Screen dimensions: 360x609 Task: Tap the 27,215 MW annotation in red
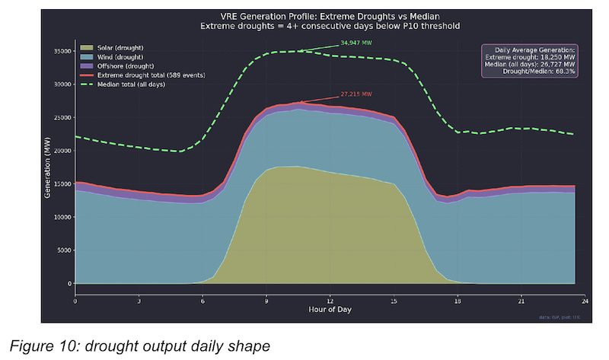[356, 94]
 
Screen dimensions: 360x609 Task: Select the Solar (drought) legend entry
[121, 48]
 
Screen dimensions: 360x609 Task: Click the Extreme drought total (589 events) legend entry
[145, 75]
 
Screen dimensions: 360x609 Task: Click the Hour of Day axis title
[329, 311]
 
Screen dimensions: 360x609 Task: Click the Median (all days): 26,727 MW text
[533, 65]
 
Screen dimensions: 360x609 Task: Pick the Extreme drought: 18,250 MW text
[533, 57]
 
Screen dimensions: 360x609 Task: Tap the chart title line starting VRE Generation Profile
[329, 16]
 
